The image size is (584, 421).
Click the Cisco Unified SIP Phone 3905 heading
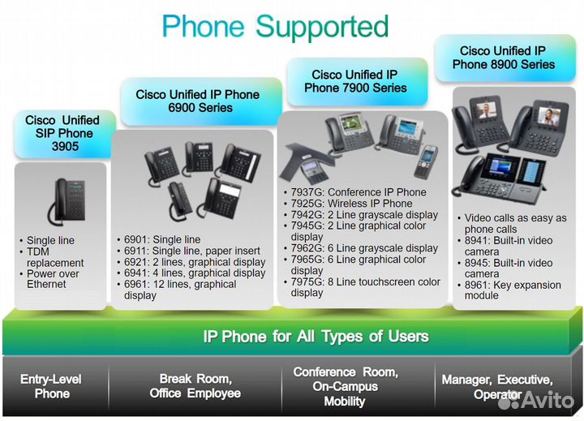(x=62, y=134)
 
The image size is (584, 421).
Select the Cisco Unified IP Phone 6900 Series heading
(x=198, y=101)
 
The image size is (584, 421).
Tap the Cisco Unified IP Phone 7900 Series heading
(x=354, y=81)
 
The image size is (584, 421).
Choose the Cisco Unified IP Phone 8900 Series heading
(x=504, y=58)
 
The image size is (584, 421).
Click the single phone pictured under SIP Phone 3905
(x=62, y=200)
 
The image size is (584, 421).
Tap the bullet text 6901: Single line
(x=162, y=239)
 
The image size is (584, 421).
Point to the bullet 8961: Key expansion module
(x=512, y=290)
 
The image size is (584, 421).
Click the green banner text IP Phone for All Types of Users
(x=316, y=336)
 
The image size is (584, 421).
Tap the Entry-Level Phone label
(x=51, y=386)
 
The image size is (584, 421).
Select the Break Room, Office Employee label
(x=195, y=386)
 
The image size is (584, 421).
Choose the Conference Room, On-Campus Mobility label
(x=345, y=386)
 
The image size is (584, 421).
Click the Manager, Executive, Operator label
(x=497, y=387)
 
